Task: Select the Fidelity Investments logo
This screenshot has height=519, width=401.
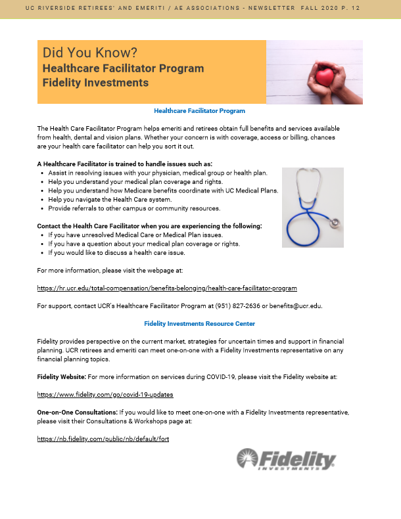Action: (286, 459)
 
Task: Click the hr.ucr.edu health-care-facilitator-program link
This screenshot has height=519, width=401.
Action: (167, 288)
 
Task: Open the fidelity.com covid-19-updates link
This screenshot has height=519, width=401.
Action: (105, 394)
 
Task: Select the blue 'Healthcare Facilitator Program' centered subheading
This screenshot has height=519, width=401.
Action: (199, 111)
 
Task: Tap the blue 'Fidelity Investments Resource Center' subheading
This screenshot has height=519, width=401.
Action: (199, 324)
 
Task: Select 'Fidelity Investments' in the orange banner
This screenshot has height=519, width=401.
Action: (95, 83)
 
